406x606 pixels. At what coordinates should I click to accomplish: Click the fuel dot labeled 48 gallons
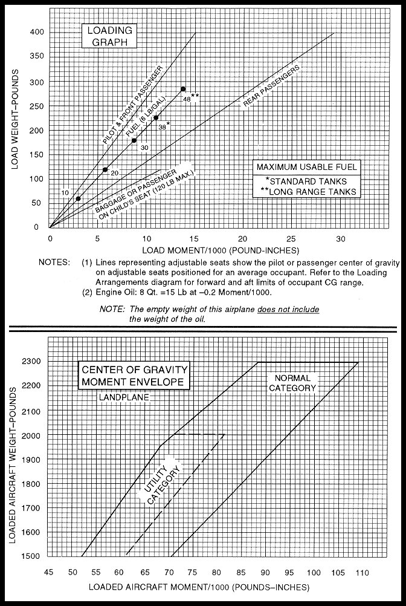(x=183, y=89)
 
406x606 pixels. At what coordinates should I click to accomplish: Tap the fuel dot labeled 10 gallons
(x=78, y=198)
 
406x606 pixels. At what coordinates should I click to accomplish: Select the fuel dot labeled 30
(x=134, y=140)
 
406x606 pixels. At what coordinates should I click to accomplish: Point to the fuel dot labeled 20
(x=105, y=169)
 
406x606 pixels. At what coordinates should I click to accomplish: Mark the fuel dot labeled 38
(x=156, y=118)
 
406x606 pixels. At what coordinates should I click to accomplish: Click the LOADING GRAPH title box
(x=109, y=36)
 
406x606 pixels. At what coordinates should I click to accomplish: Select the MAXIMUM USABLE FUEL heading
(x=307, y=166)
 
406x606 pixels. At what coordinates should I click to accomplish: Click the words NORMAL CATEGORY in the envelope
(x=292, y=383)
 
